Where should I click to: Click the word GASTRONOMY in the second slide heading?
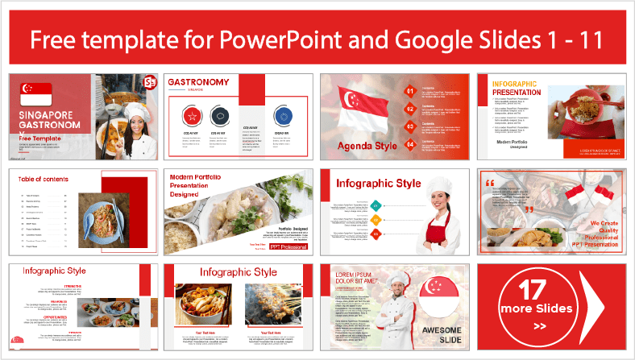tap(198, 82)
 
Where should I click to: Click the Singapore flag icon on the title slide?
tap(41, 93)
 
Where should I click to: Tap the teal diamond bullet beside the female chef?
tap(376, 205)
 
